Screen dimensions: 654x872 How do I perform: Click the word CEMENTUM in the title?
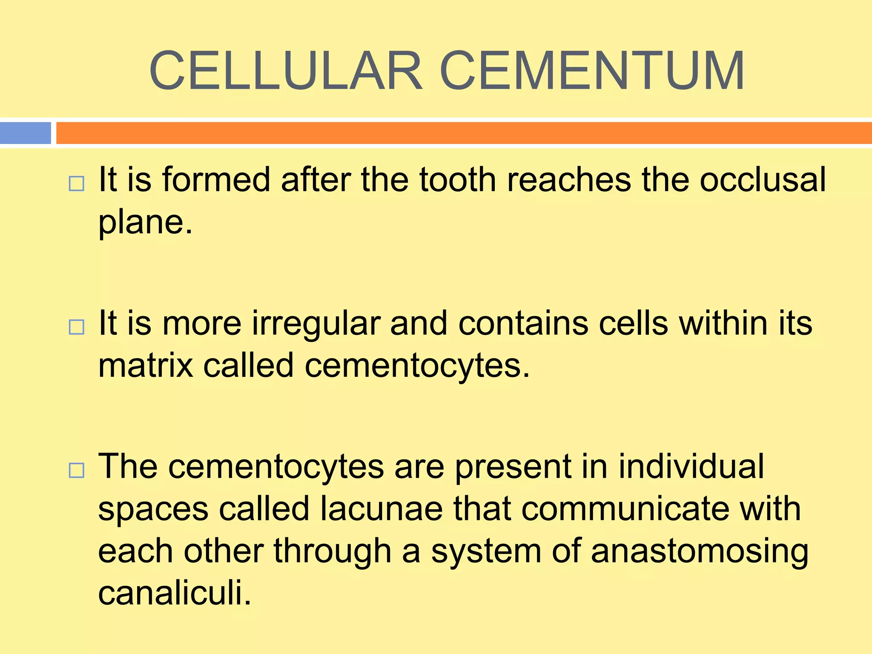[x=592, y=71]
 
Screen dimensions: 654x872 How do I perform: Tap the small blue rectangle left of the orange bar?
[x=26, y=133]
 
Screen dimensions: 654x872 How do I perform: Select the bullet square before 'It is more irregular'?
[x=77, y=327]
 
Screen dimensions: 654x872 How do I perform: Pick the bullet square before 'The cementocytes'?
[x=77, y=470]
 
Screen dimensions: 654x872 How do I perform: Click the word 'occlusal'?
[x=763, y=179]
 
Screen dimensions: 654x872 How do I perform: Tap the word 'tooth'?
[x=458, y=179]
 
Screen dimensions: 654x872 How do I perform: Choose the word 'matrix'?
[x=145, y=365]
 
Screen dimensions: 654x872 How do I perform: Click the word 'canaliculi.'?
[x=175, y=593]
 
